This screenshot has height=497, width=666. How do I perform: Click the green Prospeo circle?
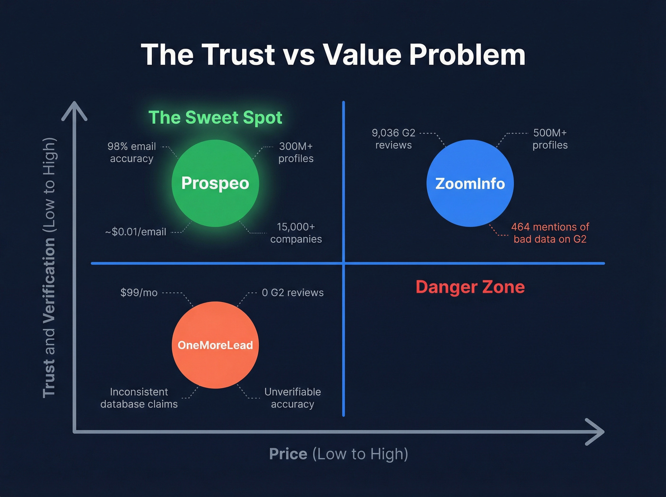pos(215,183)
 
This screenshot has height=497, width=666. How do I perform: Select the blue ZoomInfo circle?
pos(470,183)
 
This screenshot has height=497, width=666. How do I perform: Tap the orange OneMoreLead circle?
pos(215,345)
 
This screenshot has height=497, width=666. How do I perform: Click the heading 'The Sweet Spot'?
pos(215,117)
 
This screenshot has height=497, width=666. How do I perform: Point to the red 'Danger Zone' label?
pos(470,287)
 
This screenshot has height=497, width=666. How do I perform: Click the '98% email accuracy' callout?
pos(132,152)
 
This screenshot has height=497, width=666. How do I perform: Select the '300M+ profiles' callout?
pos(296,152)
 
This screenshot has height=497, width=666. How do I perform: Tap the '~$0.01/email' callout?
pos(136,232)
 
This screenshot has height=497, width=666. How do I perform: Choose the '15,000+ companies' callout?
pos(296,233)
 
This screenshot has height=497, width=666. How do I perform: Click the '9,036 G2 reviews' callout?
pos(393,139)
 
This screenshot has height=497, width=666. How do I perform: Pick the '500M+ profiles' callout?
pos(550,139)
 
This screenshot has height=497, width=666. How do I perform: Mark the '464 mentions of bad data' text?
pos(550,233)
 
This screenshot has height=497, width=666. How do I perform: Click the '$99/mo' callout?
pos(139,292)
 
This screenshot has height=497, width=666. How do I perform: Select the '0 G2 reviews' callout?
pos(293,292)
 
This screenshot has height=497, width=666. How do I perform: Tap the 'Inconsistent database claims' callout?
pos(139,398)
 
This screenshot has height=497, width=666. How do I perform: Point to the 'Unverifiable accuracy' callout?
pos(293,398)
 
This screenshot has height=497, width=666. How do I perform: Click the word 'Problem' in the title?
pos(467,55)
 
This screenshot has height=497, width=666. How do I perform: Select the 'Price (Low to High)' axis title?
pos(339,454)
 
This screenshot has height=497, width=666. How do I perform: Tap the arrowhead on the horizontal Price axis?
pos(596,431)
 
